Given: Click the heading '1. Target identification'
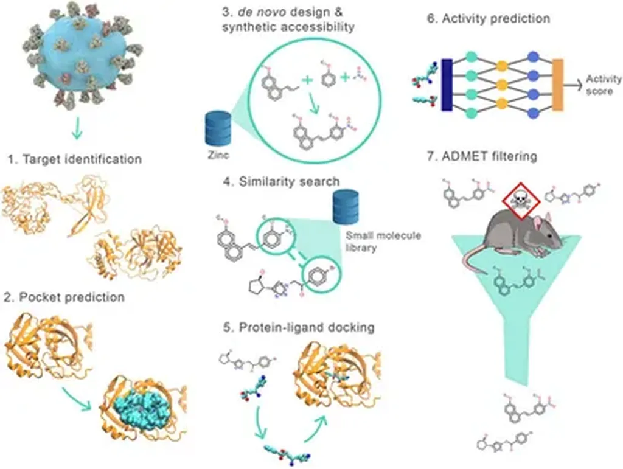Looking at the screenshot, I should coord(75,159).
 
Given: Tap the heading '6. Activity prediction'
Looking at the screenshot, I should coord(488,18).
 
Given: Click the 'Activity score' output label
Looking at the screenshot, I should coord(604,85).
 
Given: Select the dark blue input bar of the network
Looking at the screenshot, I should coord(446,85).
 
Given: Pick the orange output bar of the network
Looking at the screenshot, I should coord(557,85).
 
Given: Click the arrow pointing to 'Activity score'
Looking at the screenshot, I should coord(573,85).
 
